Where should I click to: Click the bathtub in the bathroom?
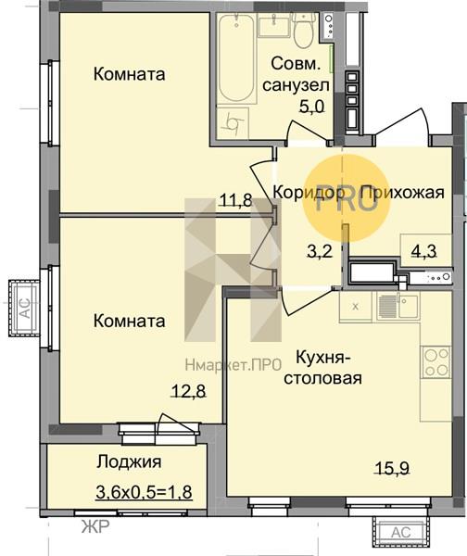click(236, 58)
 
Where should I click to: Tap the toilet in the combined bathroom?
click(304, 31)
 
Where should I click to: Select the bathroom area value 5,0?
click(312, 106)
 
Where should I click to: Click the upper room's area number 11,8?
click(236, 200)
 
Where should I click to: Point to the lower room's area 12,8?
click(188, 391)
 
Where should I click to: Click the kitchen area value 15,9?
click(392, 468)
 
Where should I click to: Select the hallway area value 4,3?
click(423, 251)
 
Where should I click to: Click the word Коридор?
click(309, 193)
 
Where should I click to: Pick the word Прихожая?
click(402, 193)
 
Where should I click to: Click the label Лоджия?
click(130, 462)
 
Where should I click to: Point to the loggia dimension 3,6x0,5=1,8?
click(144, 492)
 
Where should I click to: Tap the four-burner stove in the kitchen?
click(435, 361)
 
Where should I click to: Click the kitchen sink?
click(398, 307)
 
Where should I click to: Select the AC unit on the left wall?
click(24, 308)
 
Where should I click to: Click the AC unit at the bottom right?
click(400, 532)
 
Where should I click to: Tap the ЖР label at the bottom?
click(95, 527)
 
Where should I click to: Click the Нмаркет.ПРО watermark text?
click(233, 364)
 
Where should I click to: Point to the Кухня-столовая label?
click(323, 368)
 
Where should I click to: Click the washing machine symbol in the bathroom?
click(233, 123)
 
